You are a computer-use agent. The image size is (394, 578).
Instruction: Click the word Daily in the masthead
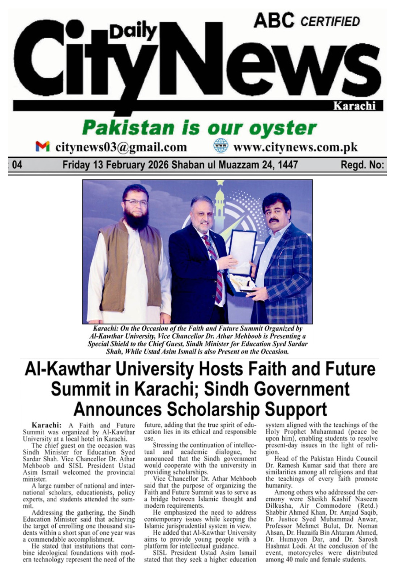click(x=133, y=32)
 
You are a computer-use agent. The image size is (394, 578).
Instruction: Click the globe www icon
click(x=220, y=146)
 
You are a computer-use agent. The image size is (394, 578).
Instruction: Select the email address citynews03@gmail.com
click(x=121, y=147)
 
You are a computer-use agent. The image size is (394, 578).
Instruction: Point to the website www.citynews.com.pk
click(x=295, y=147)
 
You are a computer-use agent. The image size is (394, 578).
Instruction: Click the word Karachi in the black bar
click(x=354, y=106)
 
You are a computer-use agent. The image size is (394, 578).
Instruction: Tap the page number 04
click(x=17, y=165)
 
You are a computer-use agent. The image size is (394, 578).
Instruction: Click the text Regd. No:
click(x=362, y=165)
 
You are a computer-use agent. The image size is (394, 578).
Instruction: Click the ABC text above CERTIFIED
click(x=274, y=20)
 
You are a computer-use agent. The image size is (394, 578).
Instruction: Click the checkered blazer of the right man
click(x=287, y=275)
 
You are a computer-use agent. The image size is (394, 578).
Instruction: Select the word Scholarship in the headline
click(x=213, y=409)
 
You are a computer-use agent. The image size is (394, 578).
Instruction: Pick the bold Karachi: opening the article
click(x=46, y=425)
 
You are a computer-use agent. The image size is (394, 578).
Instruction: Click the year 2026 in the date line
click(x=157, y=165)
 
